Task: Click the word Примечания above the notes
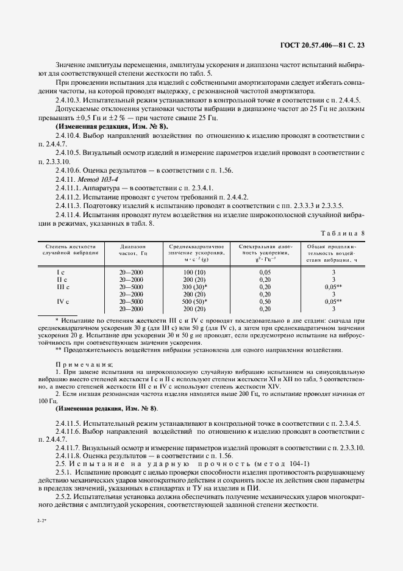point(79,364)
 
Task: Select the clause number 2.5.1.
point(64,472)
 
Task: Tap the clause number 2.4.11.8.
point(71,456)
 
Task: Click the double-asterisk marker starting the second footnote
point(58,350)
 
